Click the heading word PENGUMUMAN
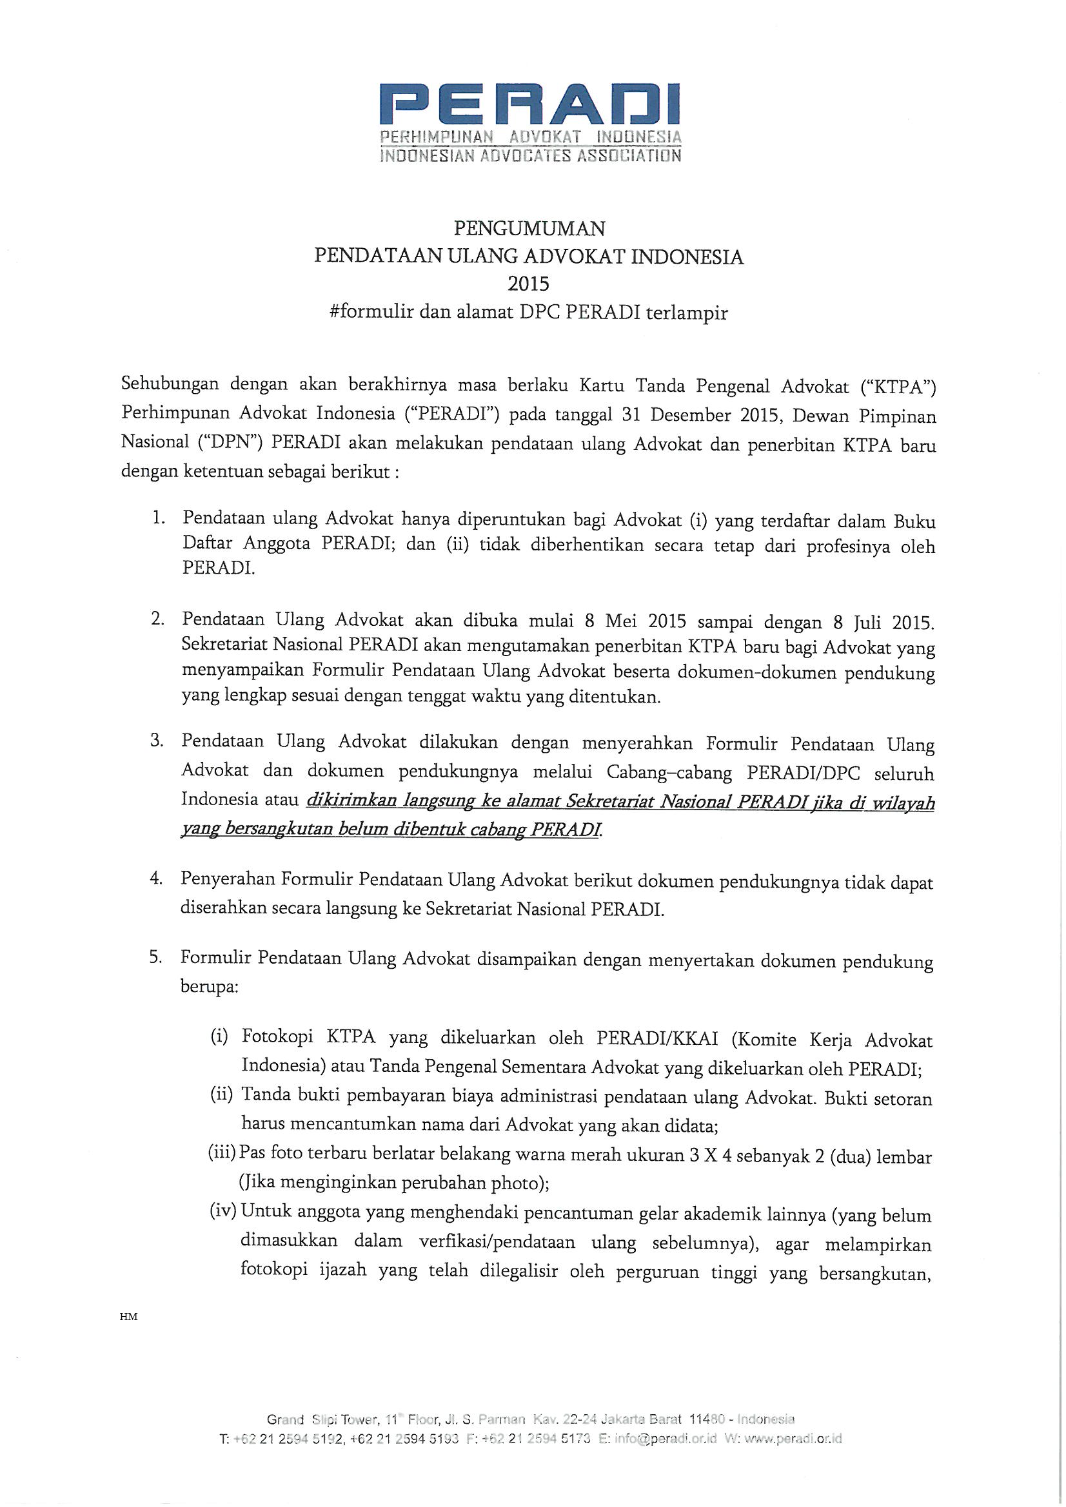click(529, 228)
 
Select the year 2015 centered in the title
click(529, 284)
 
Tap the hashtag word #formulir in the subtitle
click(371, 312)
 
